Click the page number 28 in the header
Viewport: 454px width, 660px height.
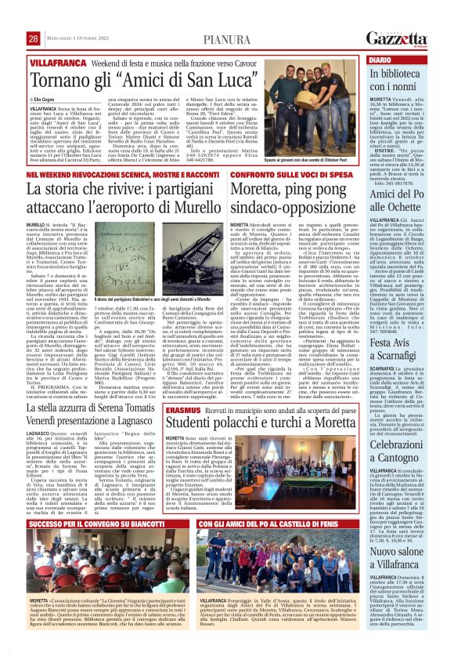[34, 39]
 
